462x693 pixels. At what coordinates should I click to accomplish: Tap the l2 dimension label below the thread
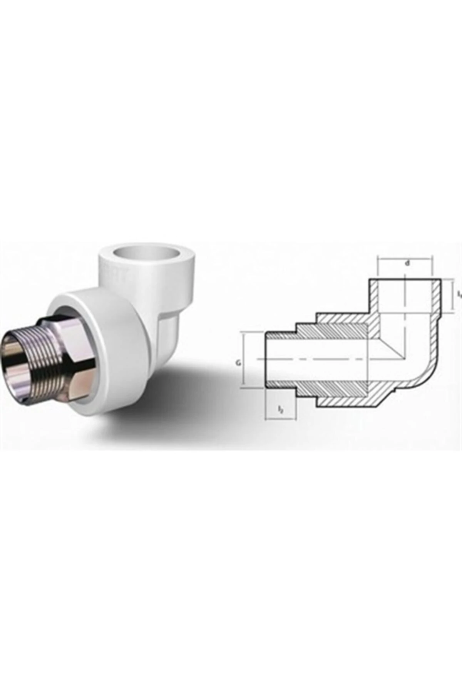[281, 410]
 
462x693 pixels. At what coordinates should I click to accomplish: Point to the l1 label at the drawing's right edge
[459, 295]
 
